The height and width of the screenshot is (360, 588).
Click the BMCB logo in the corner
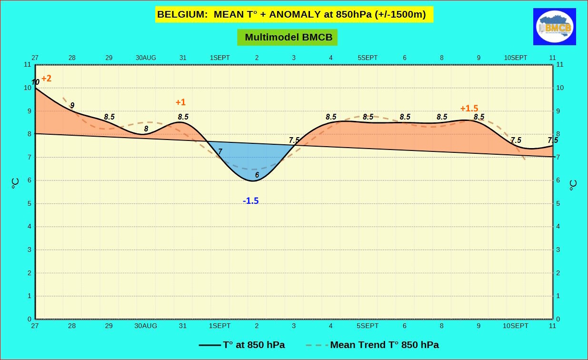click(554, 27)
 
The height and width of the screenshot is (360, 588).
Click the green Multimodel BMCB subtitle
click(288, 37)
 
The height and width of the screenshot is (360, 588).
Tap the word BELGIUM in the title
click(182, 14)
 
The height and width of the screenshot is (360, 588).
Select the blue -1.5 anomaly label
click(250, 201)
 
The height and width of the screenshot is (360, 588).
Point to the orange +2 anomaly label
click(46, 79)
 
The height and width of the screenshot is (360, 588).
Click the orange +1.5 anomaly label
click(469, 108)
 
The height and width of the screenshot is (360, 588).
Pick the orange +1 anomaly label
click(180, 102)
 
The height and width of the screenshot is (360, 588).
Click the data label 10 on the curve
click(35, 82)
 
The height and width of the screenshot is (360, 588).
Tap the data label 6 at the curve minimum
click(257, 175)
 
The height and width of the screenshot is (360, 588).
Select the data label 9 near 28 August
click(72, 105)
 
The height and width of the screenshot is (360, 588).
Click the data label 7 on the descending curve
click(220, 151)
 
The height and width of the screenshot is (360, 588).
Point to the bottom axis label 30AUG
click(146, 326)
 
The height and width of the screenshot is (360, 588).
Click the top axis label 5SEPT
click(368, 58)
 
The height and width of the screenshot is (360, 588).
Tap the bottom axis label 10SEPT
click(516, 326)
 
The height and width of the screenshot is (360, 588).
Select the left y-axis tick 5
click(29, 203)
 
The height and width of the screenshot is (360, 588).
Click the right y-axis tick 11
click(559, 64)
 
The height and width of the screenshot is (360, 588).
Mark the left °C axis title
click(15, 183)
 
